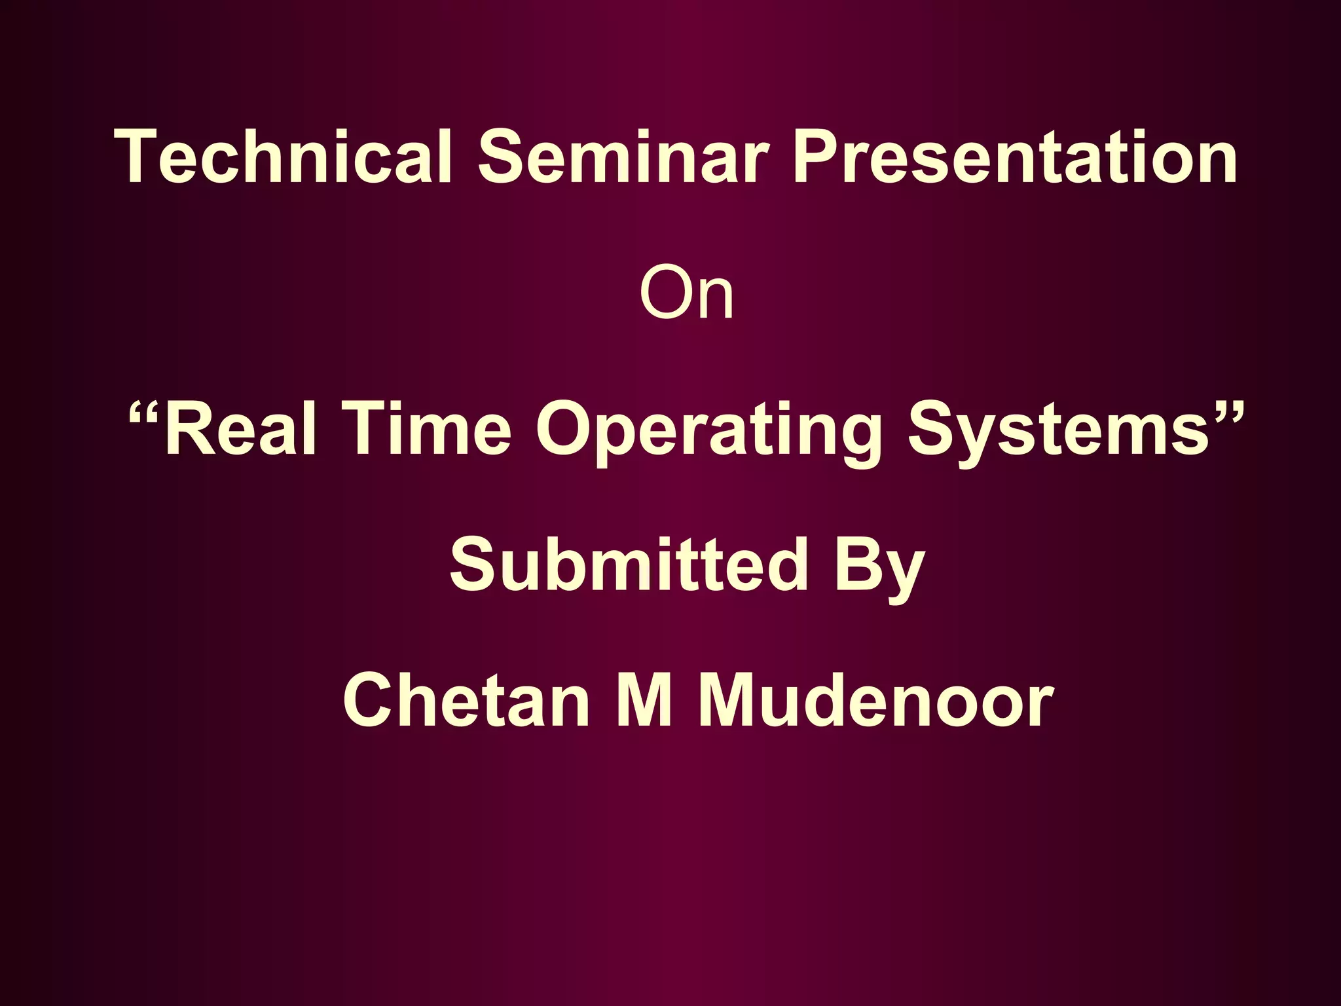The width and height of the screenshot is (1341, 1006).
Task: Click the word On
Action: pyautogui.click(x=686, y=293)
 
